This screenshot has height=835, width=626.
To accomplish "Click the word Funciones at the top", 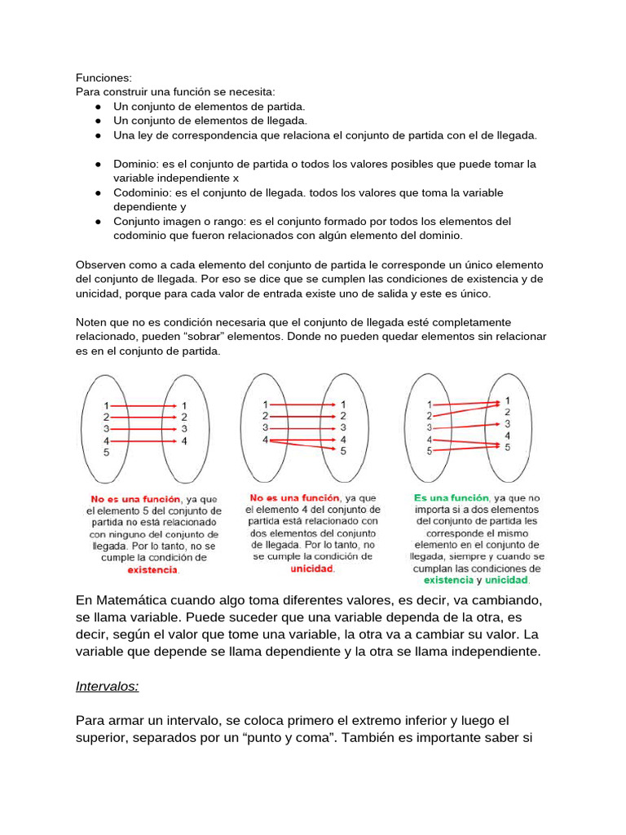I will (x=103, y=77).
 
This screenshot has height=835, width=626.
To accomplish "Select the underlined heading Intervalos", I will (x=107, y=686).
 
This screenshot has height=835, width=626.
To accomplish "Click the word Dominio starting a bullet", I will (x=135, y=164).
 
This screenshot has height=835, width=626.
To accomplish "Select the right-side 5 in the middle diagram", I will (x=343, y=450).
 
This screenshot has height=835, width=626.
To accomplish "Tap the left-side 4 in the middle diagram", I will (x=265, y=440).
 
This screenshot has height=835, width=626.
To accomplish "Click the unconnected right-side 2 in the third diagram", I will (x=507, y=412).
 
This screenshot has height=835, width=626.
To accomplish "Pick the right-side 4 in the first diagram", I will (x=184, y=441).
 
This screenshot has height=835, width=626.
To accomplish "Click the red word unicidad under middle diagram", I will (x=312, y=568).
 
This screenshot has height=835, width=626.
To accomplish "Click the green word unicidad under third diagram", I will (x=507, y=581).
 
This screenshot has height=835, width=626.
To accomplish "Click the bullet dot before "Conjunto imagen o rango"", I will (x=97, y=221).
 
